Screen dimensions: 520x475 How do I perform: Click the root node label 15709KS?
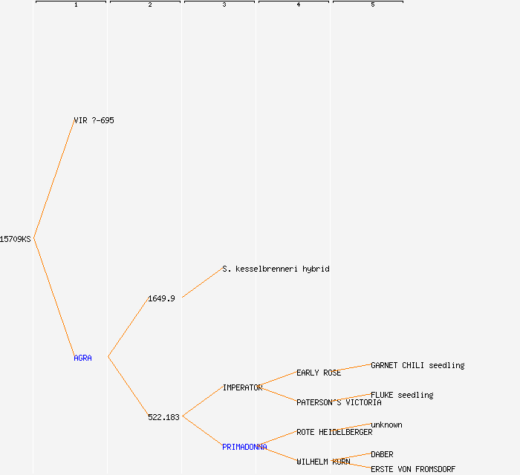(16, 239)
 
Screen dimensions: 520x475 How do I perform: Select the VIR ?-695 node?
(94, 120)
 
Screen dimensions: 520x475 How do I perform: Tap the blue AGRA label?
(82, 358)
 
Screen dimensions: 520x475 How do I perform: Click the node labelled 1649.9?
(161, 299)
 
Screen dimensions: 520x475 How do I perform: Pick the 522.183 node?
(163, 417)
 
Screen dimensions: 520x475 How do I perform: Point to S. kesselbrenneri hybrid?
(276, 269)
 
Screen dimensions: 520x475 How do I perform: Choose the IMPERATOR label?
(242, 388)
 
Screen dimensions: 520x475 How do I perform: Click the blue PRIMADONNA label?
(244, 448)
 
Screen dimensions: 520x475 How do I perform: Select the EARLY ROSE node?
(319, 373)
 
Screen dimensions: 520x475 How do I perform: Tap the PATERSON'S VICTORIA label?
(339, 402)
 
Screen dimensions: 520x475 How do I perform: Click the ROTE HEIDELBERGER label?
(334, 432)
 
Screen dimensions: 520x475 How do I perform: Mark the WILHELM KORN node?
(323, 462)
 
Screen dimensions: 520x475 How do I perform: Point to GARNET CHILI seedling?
(417, 365)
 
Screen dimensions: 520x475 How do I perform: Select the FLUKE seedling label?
(402, 395)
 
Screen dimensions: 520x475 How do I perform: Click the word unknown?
(386, 425)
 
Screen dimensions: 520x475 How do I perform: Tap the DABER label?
(382, 454)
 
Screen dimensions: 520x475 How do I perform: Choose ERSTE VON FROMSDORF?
(413, 469)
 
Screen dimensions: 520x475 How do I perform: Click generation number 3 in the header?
(224, 4)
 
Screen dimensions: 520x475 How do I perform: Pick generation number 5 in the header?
(373, 4)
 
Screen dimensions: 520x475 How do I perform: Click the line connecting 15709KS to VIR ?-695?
(54, 179)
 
